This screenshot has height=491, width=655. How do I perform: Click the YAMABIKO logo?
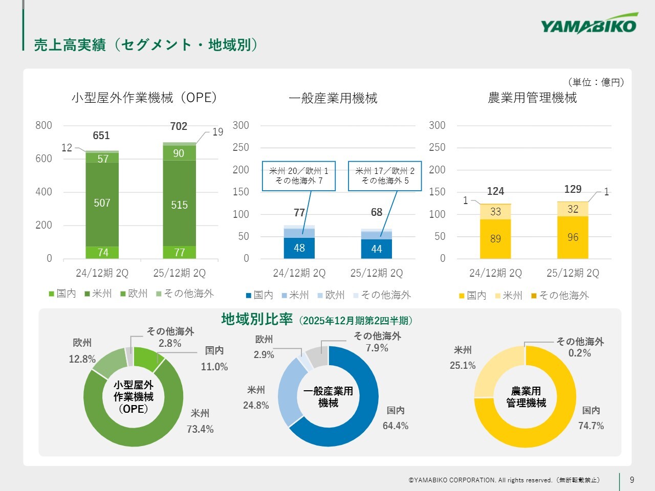click(x=589, y=24)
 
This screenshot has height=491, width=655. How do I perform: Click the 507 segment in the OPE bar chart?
click(x=102, y=204)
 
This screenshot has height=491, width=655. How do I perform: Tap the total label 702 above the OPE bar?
click(x=179, y=126)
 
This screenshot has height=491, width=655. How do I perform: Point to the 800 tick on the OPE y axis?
click(x=43, y=125)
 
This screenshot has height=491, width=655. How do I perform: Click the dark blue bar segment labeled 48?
click(x=299, y=248)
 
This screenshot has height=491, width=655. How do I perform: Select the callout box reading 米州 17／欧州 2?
click(x=385, y=176)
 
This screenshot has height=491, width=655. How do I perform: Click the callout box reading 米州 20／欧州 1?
click(x=299, y=176)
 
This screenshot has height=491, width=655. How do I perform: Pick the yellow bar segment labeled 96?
click(x=573, y=237)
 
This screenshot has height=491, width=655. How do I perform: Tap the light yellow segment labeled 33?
click(x=495, y=212)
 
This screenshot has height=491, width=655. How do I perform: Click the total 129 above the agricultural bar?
click(x=573, y=189)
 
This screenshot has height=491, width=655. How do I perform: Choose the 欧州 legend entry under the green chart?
click(x=134, y=294)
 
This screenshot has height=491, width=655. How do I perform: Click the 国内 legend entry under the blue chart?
click(x=259, y=295)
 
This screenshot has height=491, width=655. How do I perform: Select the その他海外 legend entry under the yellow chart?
click(x=560, y=296)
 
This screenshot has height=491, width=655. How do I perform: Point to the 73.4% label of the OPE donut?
click(x=200, y=429)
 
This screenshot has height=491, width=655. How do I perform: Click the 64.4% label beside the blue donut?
click(x=396, y=426)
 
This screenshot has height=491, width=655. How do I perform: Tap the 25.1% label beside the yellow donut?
click(x=463, y=365)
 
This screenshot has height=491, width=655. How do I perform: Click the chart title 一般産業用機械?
click(x=333, y=98)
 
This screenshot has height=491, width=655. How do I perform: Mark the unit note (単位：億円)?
click(x=596, y=82)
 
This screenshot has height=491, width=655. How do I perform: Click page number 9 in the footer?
click(x=632, y=480)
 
